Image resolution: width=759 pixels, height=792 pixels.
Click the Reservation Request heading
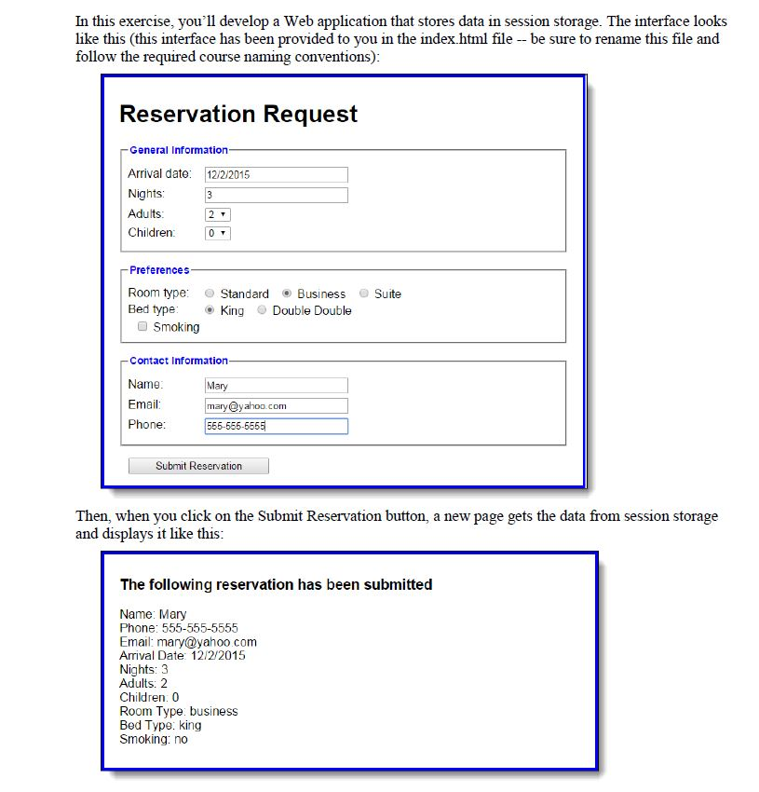(238, 115)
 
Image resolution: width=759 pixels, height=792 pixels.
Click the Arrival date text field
(276, 174)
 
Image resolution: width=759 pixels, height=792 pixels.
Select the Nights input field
(276, 195)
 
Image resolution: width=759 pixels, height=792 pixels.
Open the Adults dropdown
(218, 214)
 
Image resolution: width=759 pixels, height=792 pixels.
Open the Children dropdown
(218, 233)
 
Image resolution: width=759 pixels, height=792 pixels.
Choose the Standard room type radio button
(210, 294)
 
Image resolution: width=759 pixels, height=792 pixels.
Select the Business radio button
(287, 294)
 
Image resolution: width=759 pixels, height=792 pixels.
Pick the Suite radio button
(364, 294)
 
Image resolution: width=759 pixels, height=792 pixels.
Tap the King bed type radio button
(210, 310)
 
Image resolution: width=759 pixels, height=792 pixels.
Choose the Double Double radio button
(263, 310)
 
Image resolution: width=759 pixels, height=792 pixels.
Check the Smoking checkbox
(142, 327)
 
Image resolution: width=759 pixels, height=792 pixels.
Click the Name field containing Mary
(276, 385)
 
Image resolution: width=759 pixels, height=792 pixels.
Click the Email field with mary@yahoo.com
(276, 405)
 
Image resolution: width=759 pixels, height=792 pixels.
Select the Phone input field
(276, 426)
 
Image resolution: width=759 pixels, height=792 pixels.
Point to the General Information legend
(178, 150)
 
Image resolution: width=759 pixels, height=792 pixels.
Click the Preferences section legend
(159, 270)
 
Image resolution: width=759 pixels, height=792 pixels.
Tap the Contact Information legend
(178, 361)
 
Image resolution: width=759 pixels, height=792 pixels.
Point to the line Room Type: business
(179, 711)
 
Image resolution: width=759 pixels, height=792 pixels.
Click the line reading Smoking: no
(154, 739)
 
